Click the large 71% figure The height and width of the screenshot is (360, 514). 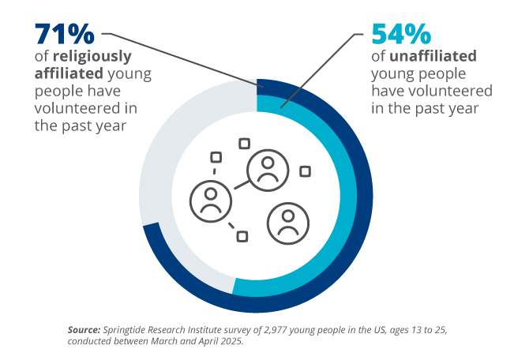click(63, 36)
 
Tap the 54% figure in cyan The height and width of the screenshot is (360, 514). click(401, 36)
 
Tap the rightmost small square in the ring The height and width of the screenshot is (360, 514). click(305, 171)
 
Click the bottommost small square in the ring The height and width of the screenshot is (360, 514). click(243, 236)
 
